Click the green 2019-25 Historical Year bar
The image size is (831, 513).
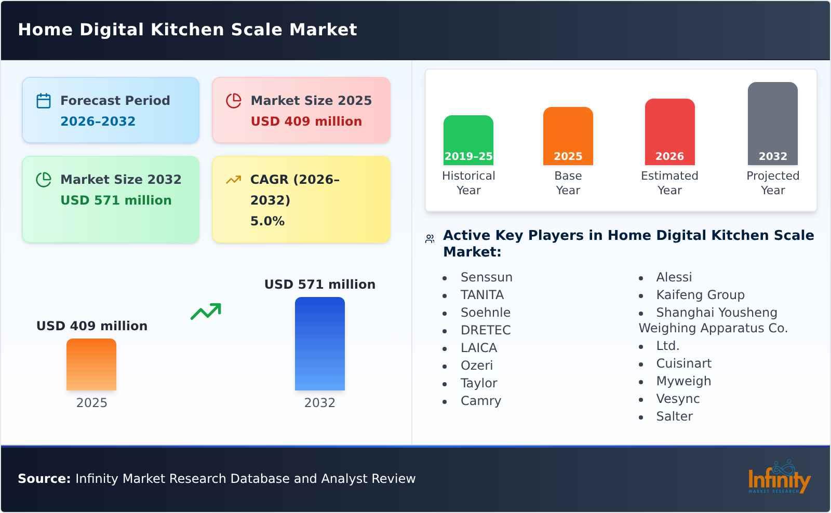click(468, 140)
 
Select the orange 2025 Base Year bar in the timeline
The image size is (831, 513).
click(568, 136)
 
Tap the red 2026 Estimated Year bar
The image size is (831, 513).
click(669, 131)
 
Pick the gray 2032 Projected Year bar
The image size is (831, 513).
click(772, 123)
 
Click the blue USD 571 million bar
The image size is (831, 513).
click(319, 343)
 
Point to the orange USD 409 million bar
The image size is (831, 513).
click(91, 364)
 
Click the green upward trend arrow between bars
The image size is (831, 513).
click(206, 311)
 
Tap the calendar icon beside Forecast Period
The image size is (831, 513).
click(44, 101)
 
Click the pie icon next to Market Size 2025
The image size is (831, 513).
click(234, 101)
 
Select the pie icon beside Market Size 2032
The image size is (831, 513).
click(44, 180)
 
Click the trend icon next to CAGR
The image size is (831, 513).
click(234, 180)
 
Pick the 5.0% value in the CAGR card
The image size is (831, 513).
click(267, 221)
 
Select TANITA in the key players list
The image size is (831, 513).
click(482, 295)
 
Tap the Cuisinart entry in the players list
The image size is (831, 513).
click(683, 363)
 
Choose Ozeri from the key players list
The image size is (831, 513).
click(476, 366)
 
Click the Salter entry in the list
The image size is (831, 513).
click(674, 416)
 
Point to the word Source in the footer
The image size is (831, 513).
click(44, 479)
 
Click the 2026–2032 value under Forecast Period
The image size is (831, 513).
click(98, 122)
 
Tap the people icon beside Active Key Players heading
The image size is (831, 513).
click(430, 239)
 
